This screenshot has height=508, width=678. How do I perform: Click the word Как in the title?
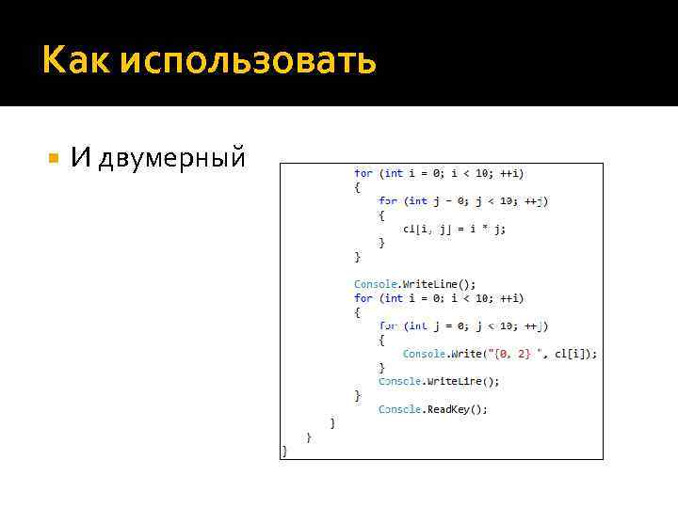pyautogui.click(x=75, y=61)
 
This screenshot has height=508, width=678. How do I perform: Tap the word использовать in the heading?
pyautogui.click(x=249, y=62)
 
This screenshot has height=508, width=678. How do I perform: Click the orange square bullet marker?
pyautogui.click(x=53, y=156)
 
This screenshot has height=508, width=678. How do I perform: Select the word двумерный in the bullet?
pyautogui.click(x=172, y=158)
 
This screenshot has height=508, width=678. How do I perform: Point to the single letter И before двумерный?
pyautogui.click(x=80, y=157)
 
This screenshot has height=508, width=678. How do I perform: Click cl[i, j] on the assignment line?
pyautogui.click(x=425, y=229)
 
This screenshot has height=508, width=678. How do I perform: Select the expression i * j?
pyautogui.click(x=486, y=229)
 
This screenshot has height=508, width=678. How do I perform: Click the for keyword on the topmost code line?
pyautogui.click(x=363, y=173)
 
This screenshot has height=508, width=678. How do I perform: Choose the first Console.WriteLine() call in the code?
pyautogui.click(x=414, y=284)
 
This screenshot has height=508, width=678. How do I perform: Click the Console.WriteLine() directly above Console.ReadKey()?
pyautogui.click(x=439, y=381)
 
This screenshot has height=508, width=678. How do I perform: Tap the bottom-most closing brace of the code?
pyautogui.click(x=284, y=452)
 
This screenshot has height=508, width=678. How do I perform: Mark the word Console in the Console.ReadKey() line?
pyautogui.click(x=399, y=409)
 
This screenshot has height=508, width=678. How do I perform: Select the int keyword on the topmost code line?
pyautogui.click(x=394, y=173)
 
